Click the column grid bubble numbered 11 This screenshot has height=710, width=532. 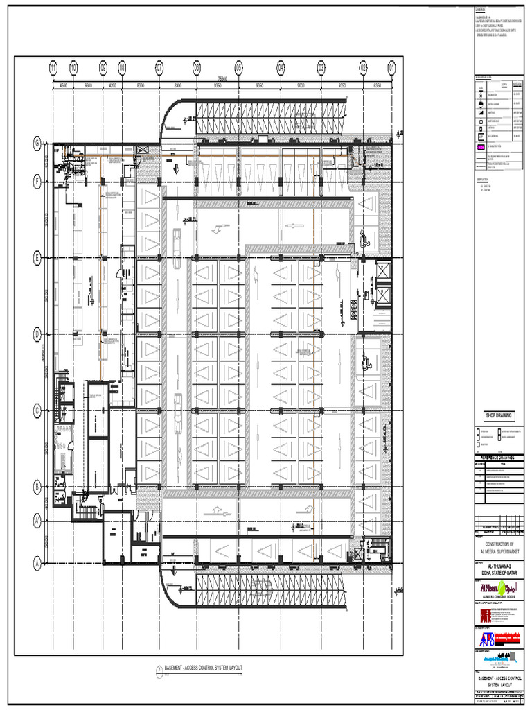click(x=53, y=68)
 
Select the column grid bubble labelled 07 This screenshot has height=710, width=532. click(x=159, y=68)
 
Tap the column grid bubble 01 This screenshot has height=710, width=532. click(x=392, y=68)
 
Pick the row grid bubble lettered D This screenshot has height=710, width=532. click(x=37, y=334)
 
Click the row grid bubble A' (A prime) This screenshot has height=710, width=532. click(x=37, y=519)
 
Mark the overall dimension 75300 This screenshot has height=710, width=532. click(x=222, y=79)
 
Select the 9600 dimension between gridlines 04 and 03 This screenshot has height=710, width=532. click(x=301, y=86)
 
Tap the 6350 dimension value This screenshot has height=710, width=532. click(x=378, y=86)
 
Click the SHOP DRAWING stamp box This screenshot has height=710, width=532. click(x=498, y=415)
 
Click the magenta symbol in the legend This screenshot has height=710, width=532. click(x=481, y=148)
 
